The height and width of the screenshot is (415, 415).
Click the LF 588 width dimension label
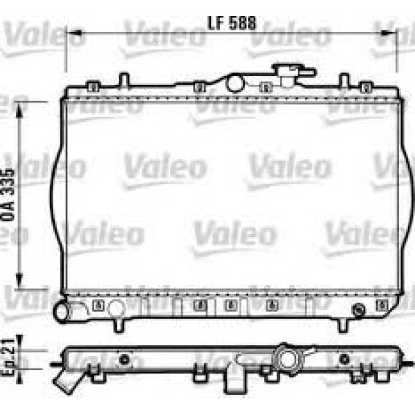232,22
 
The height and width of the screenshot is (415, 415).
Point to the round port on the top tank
236,84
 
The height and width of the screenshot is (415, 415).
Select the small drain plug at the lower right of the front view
358,309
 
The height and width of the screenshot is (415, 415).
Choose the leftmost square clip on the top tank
93,87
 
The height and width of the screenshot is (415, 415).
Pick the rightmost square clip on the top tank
367,87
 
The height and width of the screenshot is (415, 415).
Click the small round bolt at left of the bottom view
124,359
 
